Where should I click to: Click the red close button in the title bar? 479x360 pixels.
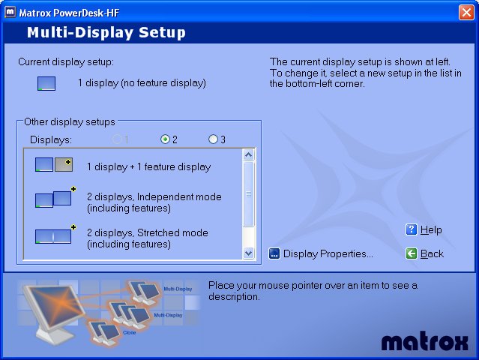[466, 13]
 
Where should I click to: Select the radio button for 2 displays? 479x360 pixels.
[165, 139]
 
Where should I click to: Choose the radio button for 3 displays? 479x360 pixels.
[213, 139]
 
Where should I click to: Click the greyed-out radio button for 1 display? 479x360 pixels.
[117, 139]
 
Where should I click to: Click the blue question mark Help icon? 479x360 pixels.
[412, 229]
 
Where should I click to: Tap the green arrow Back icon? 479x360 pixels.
[412, 253]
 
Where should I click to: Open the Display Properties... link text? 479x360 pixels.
[328, 253]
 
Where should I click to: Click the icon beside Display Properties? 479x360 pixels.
[274, 253]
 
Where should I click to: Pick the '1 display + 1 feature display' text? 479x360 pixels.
[148, 166]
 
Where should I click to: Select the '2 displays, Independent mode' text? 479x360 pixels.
[154, 196]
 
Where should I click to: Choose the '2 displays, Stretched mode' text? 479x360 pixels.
[148, 232]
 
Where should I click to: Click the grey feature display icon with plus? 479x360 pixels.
[64, 165]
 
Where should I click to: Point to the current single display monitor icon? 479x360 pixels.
[46, 83]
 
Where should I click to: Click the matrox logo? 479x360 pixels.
[424, 341]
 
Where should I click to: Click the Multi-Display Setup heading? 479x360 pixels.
[106, 32]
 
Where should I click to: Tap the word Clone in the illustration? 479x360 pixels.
[129, 332]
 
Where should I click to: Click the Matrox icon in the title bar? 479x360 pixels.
[10, 13]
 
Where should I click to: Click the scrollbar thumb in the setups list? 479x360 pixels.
[249, 194]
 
